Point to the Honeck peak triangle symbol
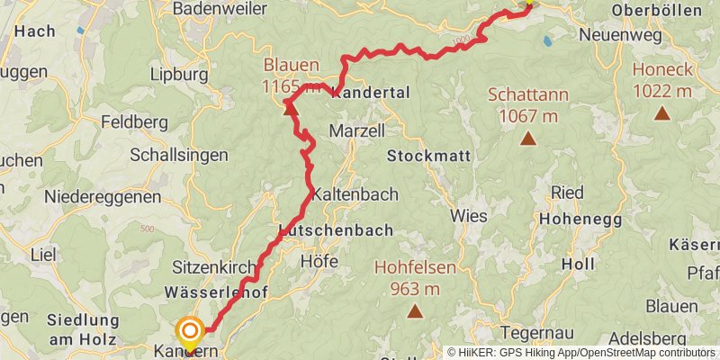(x=662, y=112)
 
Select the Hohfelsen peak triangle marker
(x=415, y=311)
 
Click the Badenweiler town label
(x=219, y=9)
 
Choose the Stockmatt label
(x=428, y=156)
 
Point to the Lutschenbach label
(x=336, y=230)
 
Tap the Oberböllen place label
(x=655, y=10)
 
